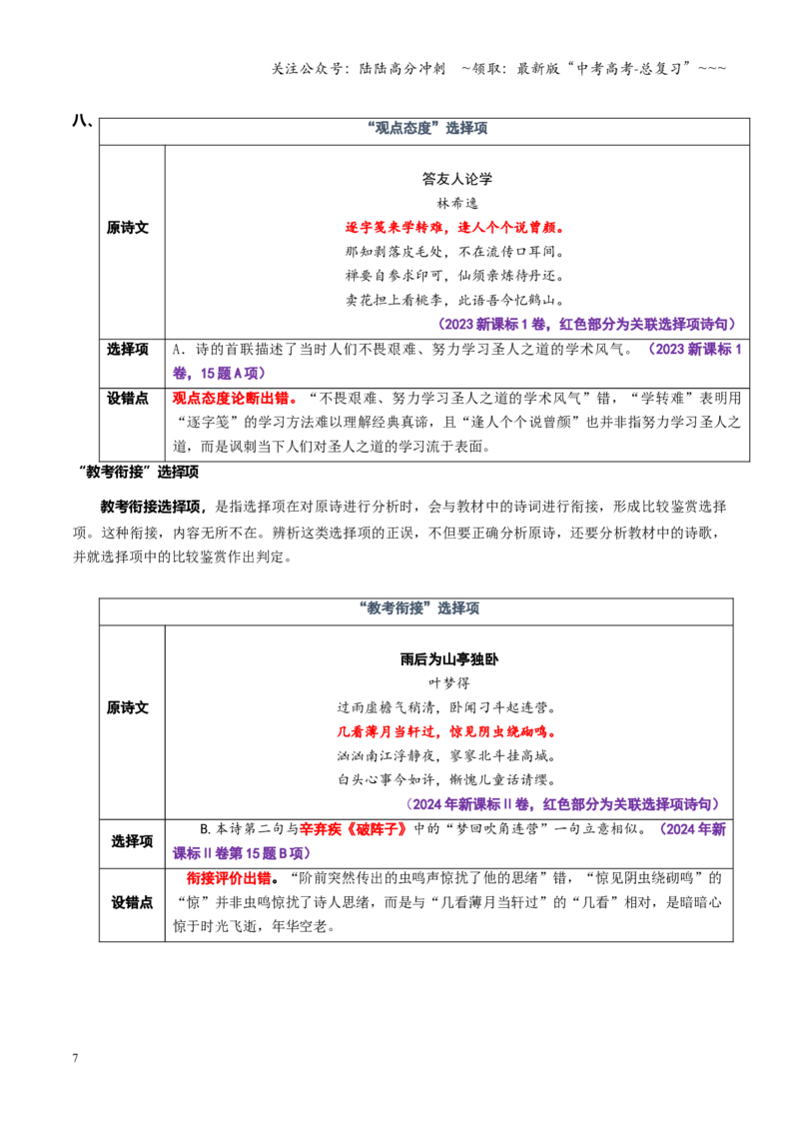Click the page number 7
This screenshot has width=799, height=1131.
(x=75, y=1057)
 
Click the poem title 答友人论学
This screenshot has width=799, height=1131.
(x=457, y=178)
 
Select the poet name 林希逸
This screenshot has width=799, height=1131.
(x=457, y=203)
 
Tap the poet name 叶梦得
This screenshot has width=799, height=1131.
(x=448, y=682)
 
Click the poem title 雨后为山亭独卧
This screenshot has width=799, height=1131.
(x=448, y=658)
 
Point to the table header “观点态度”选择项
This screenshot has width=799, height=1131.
(x=427, y=129)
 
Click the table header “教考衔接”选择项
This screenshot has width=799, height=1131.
(x=418, y=608)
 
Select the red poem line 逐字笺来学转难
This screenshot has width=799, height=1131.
(x=394, y=227)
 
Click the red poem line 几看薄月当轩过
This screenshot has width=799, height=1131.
(x=386, y=731)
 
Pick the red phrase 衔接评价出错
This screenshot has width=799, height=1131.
(x=229, y=878)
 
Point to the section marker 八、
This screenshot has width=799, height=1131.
(x=82, y=121)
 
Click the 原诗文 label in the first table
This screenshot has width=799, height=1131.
(x=128, y=227)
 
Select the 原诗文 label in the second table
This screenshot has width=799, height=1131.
(x=128, y=707)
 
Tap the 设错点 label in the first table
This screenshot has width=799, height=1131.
(x=128, y=399)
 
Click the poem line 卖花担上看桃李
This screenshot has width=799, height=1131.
(x=394, y=300)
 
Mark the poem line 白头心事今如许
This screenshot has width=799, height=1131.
(x=386, y=779)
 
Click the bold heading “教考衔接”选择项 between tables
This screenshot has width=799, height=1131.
(x=138, y=473)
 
